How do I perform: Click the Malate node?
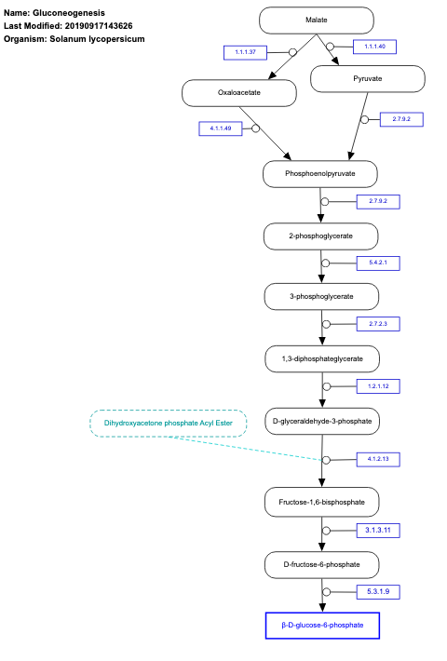point(316,20)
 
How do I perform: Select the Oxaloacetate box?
point(239,92)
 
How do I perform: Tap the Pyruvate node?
point(367,79)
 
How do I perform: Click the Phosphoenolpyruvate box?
point(320,174)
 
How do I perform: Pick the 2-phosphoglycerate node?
point(321,236)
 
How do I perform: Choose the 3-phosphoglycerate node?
point(321,297)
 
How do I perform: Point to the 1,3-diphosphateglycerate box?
point(321,358)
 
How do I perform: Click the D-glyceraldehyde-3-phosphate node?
point(322,422)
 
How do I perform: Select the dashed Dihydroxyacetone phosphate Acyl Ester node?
point(168,424)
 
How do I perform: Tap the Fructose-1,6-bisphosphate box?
point(322,503)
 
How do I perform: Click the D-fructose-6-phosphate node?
point(322,564)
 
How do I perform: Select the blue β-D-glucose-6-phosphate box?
point(322,626)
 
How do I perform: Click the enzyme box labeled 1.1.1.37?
point(246,52)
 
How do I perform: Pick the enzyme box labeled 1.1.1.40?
point(374,47)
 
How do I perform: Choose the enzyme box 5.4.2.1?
point(378,263)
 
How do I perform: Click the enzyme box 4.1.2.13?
point(378,459)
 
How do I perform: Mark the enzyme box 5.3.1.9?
point(378,591)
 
